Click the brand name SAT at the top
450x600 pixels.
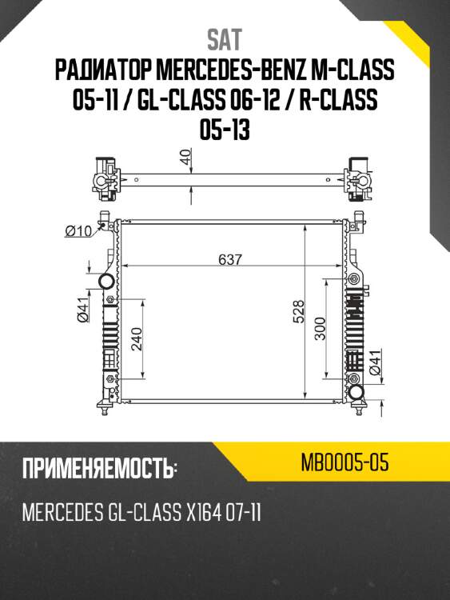pyautogui.click(x=225, y=39)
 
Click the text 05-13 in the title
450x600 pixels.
pyautogui.click(x=225, y=128)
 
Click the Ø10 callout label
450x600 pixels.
pyautogui.click(x=77, y=232)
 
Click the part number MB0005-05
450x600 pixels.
pyautogui.click(x=345, y=463)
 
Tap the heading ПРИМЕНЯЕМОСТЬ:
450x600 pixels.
pyautogui.click(x=99, y=470)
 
